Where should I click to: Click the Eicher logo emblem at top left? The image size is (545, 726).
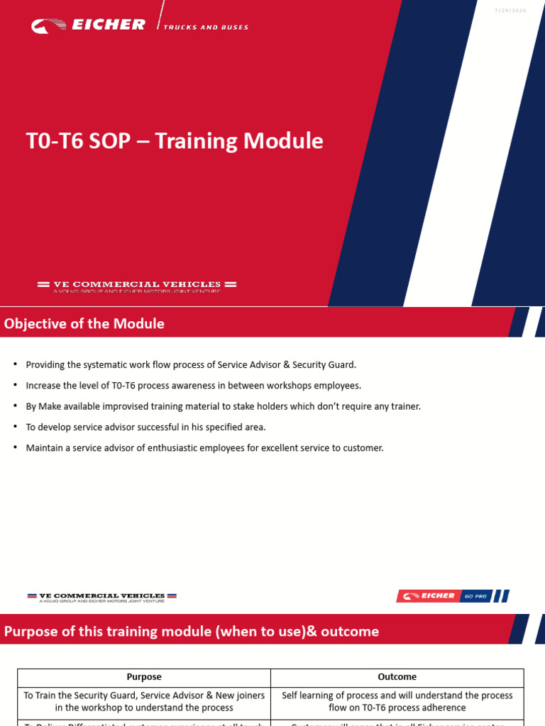coord(48,26)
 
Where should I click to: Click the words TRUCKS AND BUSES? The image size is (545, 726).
coord(206,28)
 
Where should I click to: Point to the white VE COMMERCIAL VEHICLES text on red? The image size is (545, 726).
coord(137,284)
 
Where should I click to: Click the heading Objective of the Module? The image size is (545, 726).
coord(84,324)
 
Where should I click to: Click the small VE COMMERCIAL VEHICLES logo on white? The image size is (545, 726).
coord(101,596)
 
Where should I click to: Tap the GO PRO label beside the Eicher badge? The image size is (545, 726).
coord(475,596)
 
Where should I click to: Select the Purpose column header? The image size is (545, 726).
coord(144,677)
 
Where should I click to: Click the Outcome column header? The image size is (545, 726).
coord(397,677)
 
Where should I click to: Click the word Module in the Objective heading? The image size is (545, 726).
coord(141,324)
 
